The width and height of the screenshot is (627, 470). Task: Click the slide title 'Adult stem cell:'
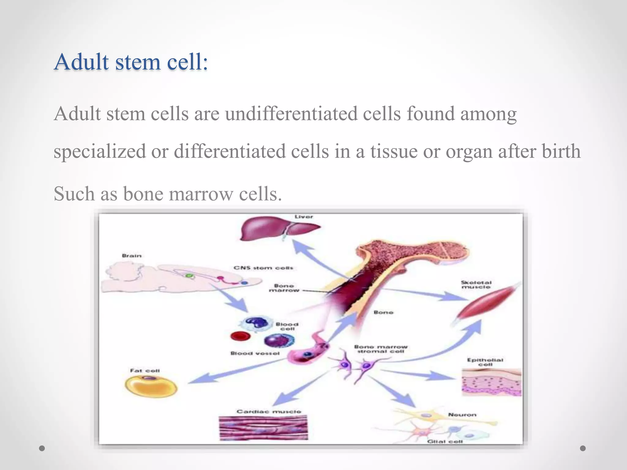pos(131,62)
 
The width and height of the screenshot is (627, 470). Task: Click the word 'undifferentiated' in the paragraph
pos(291,114)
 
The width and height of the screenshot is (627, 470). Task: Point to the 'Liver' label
pos(304,217)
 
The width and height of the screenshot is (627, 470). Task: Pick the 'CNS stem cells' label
pos(263,268)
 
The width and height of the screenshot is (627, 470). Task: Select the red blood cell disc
pos(240,336)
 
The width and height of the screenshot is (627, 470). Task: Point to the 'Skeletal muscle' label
pos(476,285)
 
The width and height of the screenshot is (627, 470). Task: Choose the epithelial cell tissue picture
pos(491,382)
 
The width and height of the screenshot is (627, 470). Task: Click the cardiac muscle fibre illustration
pos(263,428)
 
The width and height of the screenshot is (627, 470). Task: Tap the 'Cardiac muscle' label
pos(269,412)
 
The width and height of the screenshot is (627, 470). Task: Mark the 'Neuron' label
pos(462,415)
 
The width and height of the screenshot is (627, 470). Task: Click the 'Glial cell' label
pos(445,442)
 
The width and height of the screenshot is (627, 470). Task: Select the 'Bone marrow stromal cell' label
pos(381,349)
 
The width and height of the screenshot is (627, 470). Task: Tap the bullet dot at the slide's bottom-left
pos(42,448)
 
